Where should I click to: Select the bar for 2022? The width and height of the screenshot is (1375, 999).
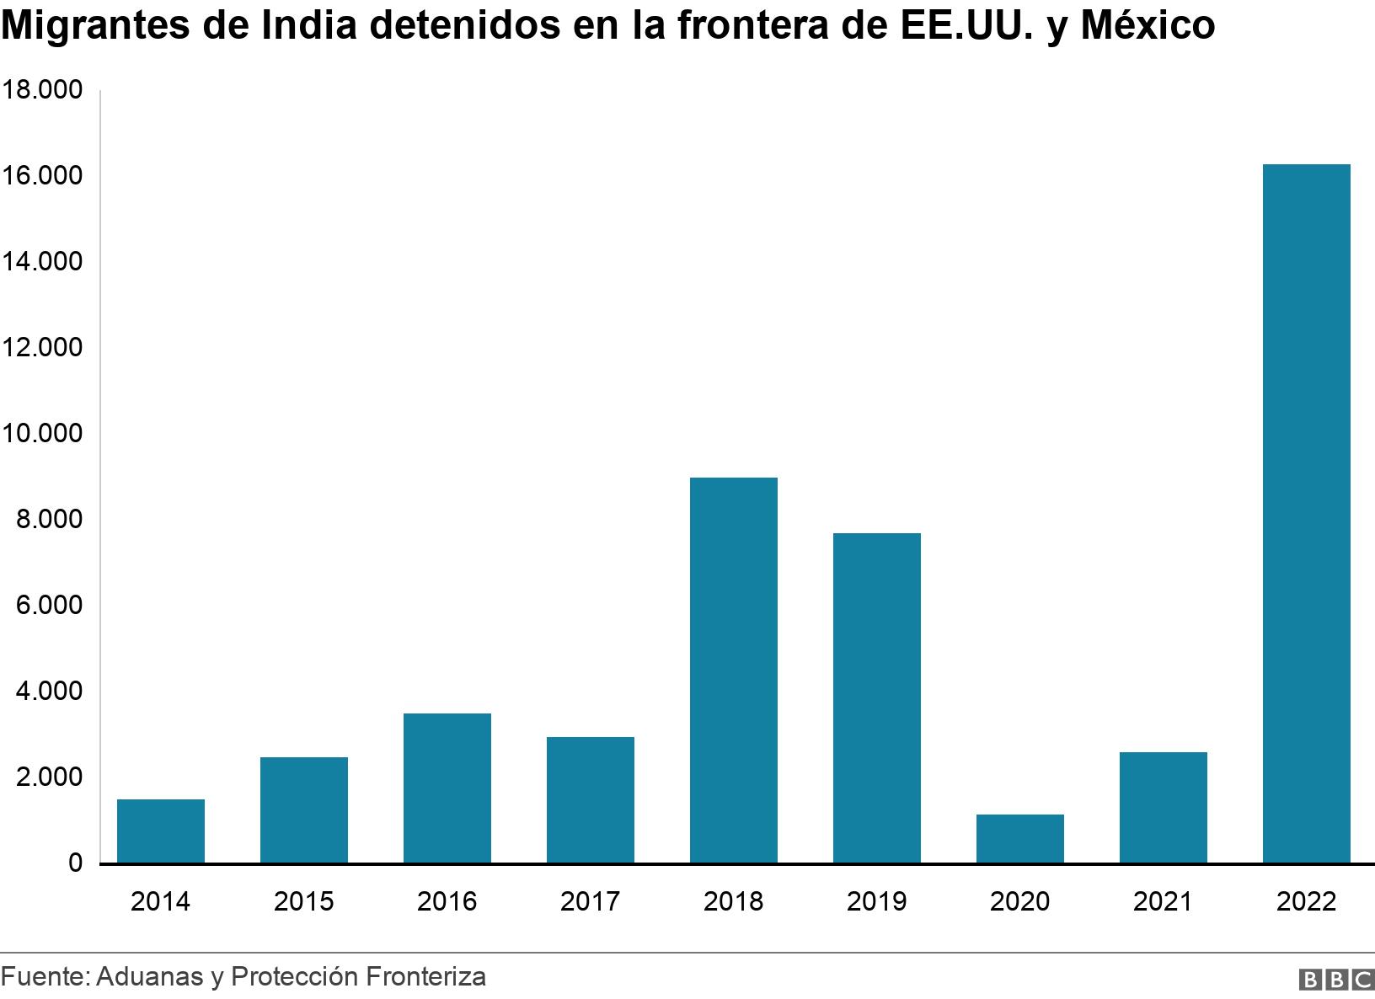pos(1306,514)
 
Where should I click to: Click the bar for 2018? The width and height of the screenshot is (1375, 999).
pos(733,670)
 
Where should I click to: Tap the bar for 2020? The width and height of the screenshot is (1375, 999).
pos(1019,839)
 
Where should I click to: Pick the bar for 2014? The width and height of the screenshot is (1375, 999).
pos(160,831)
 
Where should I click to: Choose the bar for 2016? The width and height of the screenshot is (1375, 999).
pos(447,788)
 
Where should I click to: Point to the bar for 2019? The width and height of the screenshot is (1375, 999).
pos(876,698)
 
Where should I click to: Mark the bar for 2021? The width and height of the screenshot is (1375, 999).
pos(1163,808)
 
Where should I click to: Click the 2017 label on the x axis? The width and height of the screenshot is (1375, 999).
pos(590,902)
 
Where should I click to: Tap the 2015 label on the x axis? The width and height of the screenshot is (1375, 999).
pos(303,902)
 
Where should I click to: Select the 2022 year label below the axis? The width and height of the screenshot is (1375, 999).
pos(1306,902)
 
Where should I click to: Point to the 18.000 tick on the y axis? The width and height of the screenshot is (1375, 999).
pos(42,90)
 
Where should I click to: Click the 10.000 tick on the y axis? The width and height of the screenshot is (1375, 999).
pos(42,434)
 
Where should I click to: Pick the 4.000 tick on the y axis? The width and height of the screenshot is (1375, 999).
pos(47,692)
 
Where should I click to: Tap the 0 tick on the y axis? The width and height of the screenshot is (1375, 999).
pos(75,863)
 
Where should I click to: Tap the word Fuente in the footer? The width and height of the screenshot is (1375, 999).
pos(43,977)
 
